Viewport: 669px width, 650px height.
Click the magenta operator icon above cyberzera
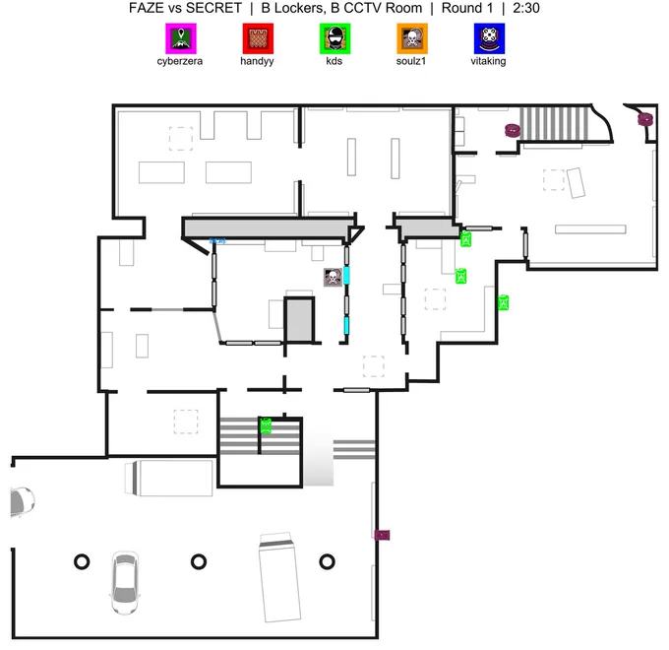tap(181, 38)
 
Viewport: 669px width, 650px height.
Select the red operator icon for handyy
tap(258, 38)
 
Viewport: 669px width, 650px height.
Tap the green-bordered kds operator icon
tap(334, 38)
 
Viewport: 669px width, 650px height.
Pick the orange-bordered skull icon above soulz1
tap(412, 38)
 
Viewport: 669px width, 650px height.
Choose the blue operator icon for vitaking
tap(489, 38)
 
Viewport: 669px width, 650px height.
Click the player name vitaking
tap(489, 61)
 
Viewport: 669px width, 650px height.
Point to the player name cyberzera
tap(180, 61)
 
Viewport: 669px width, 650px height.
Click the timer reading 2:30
tap(526, 8)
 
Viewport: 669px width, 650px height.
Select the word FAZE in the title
tap(146, 8)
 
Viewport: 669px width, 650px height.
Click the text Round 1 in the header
tap(467, 8)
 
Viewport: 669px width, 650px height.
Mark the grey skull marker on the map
tap(333, 277)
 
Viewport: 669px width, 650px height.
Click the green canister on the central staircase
tap(266, 425)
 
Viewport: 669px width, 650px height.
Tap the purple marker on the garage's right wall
tap(382, 535)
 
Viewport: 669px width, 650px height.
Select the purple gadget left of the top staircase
tap(512, 130)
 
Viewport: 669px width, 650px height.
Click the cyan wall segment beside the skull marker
tap(347, 276)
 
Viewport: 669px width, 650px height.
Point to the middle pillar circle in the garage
tap(199, 561)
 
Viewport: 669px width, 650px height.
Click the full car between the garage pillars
tap(125, 582)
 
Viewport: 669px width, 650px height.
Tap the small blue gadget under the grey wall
tap(217, 241)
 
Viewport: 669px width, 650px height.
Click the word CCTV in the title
tap(361, 8)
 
